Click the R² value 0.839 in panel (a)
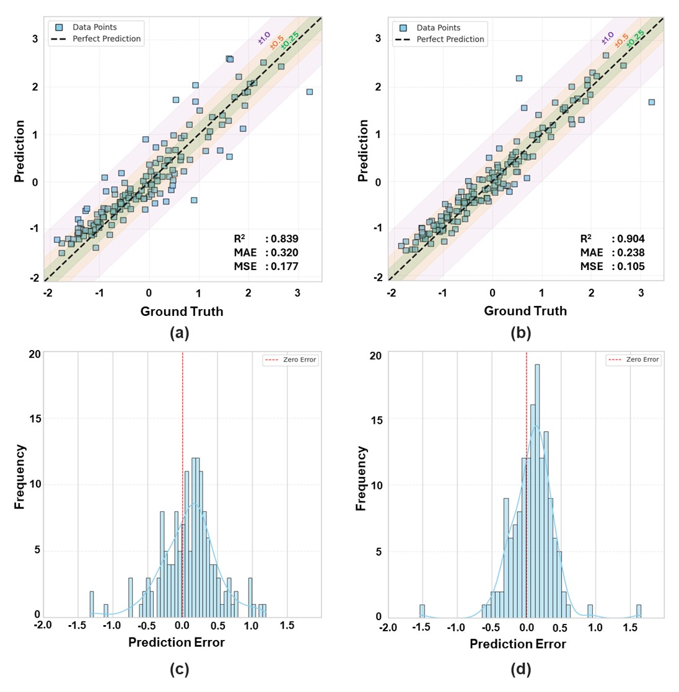(284, 239)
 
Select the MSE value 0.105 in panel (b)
(631, 266)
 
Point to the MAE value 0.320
(284, 253)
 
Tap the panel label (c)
(179, 669)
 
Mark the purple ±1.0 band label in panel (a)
(265, 38)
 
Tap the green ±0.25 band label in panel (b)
(636, 39)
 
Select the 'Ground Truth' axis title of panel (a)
(182, 311)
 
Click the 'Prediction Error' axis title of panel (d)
(518, 644)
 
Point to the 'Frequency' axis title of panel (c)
(20, 477)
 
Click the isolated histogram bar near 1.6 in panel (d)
(638, 611)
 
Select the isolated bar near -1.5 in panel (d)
(422, 611)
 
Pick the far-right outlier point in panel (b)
(651, 102)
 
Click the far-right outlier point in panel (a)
(309, 92)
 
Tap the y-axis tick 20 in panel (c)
(35, 354)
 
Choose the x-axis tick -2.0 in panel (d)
(388, 628)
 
